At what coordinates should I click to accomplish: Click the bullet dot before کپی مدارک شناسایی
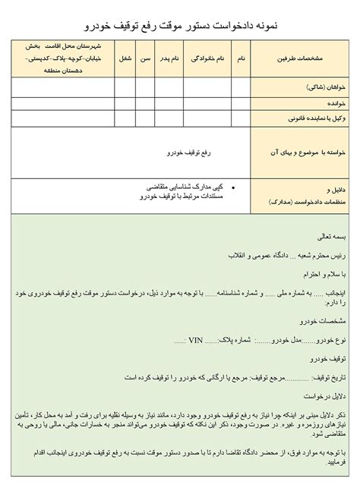pos(231,186)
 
